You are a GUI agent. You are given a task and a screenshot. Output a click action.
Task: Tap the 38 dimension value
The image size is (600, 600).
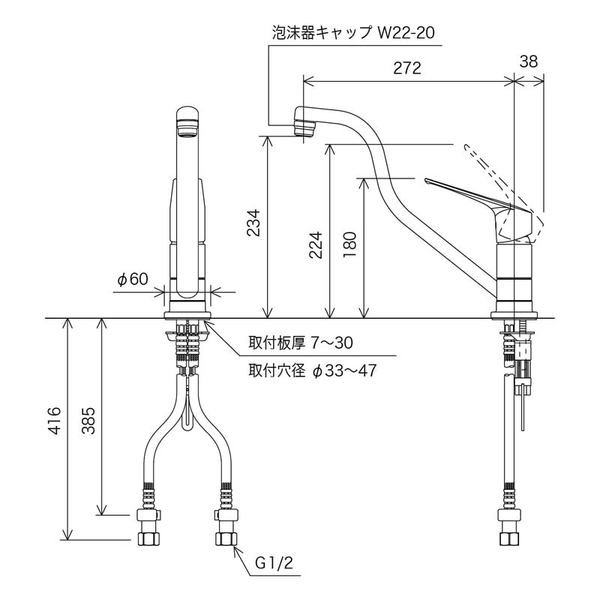[x=529, y=62]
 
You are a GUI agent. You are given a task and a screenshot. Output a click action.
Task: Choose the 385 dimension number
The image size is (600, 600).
[x=88, y=425]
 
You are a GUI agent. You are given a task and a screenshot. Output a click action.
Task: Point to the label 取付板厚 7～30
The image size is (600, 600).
[x=301, y=343]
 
